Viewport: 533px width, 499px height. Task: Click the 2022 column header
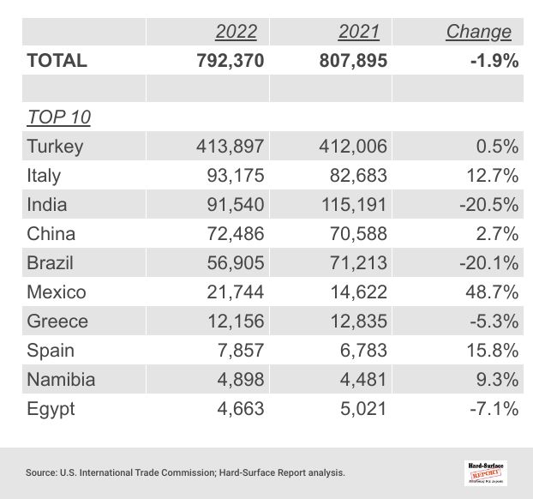236,32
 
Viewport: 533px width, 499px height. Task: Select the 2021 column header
359,32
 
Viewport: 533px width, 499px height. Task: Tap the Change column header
478,32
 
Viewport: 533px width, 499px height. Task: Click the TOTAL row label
57,60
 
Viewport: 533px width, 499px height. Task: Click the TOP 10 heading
59,117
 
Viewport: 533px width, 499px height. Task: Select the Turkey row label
55,146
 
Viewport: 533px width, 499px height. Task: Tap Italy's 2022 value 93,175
231,175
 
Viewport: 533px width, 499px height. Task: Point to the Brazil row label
51,262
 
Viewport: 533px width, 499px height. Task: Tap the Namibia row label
61,379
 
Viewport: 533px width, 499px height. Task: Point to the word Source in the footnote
40,472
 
